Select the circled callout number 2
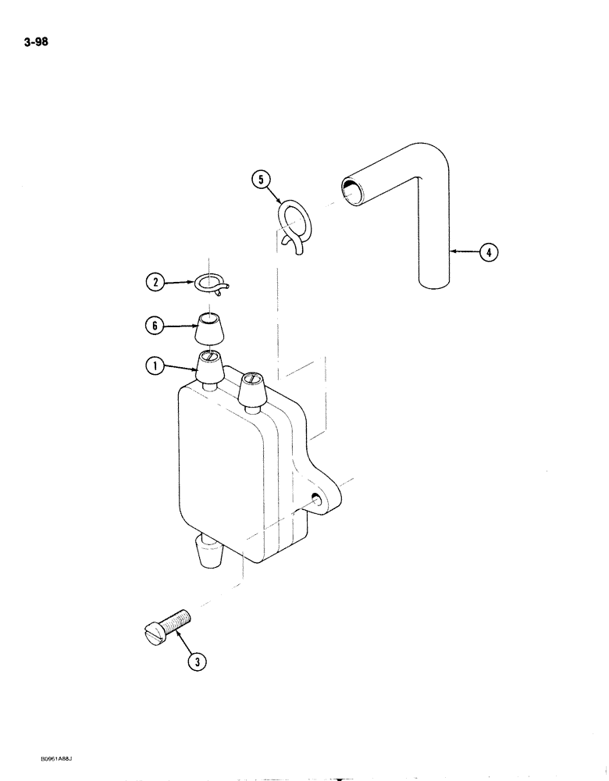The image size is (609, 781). [x=156, y=283]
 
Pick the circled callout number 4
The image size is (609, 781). [x=487, y=252]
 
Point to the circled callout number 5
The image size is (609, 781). [x=261, y=181]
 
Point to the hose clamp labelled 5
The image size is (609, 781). [x=294, y=227]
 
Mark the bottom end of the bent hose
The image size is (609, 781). [x=434, y=281]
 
